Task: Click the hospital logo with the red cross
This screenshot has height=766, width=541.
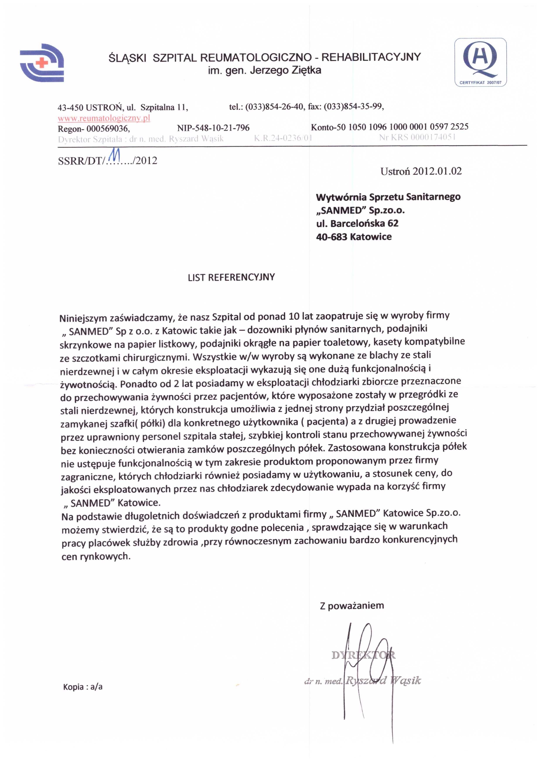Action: coord(42,63)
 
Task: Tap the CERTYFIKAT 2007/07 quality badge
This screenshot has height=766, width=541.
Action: coord(480,62)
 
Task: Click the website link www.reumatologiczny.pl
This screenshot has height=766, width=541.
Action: coord(104,118)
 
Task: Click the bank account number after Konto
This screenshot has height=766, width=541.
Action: coord(408,127)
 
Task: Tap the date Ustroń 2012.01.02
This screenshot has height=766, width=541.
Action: coord(421,171)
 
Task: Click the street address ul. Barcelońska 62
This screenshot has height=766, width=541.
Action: coord(357,223)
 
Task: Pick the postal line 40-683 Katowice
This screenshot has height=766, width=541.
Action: coord(354,237)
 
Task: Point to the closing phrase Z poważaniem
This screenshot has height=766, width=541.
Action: coord(352,605)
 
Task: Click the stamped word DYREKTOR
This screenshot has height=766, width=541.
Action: coord(363,655)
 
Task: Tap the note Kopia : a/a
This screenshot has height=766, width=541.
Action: coord(83,686)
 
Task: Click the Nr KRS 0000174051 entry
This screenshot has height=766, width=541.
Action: coord(417,137)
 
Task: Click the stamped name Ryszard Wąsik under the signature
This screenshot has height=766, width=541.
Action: coord(383,681)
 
